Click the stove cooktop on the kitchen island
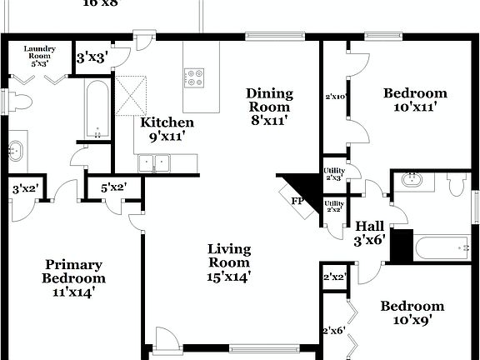coord(195,77)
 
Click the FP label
coord(297,201)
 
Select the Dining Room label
coord(268,107)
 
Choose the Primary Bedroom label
coord(75,277)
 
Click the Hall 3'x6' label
coord(369,232)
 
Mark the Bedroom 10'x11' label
coord(414,100)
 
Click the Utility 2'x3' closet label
coord(334,173)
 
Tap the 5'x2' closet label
coord(112,188)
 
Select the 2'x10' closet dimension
coord(335,97)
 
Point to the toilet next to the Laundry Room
coord(20,102)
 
